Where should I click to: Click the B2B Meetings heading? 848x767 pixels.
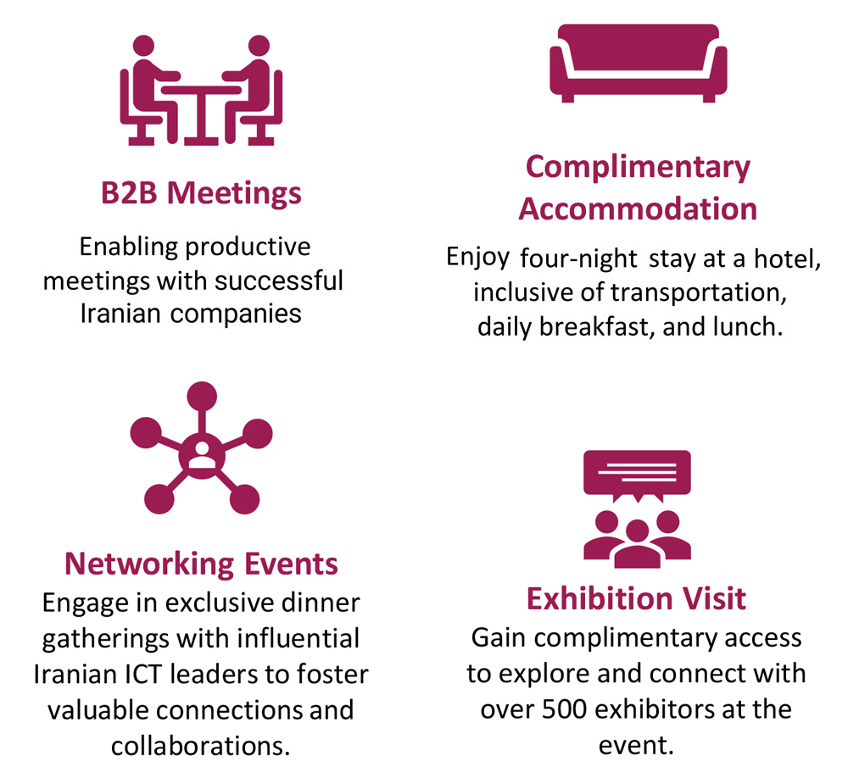coord(201,193)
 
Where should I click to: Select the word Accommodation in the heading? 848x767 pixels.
coord(638,208)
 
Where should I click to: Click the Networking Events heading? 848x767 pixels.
coord(201,563)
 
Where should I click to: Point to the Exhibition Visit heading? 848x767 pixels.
coord(636,598)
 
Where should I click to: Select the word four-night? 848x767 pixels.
coord(577,258)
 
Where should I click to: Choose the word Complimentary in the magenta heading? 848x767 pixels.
coord(638,166)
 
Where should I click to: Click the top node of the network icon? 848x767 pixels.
coord(201,397)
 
